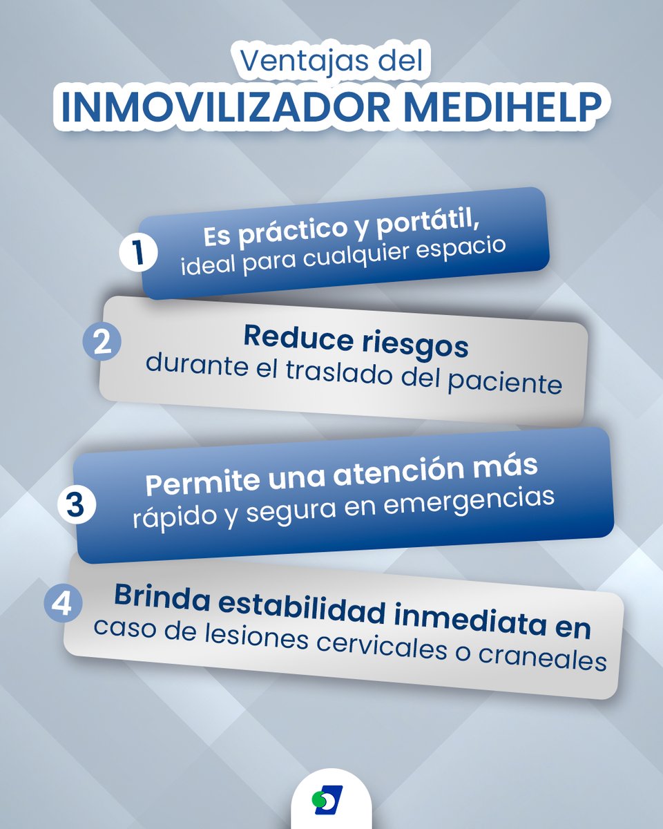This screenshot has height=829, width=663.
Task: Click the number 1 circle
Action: click(137, 253)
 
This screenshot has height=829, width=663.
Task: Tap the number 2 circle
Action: click(102, 343)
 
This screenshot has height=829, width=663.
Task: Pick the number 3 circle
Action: click(75, 505)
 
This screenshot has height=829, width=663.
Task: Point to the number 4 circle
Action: click(62, 604)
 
